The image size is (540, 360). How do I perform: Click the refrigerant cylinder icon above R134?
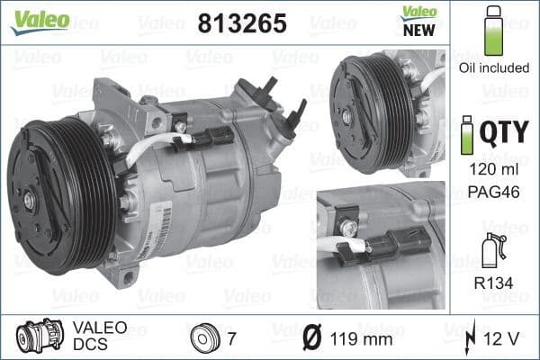tap(491, 251)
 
